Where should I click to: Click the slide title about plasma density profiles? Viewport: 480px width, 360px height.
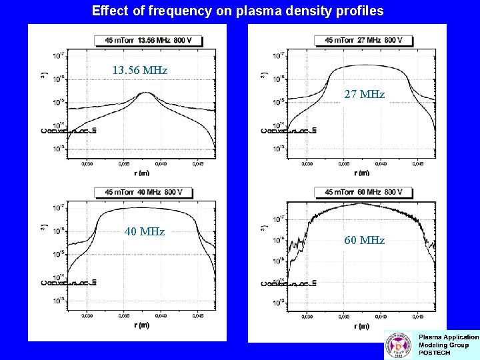[238, 11]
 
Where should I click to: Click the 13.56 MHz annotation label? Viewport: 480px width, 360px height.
[139, 70]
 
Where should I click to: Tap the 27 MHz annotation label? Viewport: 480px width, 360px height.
[364, 95]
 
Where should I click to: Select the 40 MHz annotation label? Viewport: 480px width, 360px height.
[145, 231]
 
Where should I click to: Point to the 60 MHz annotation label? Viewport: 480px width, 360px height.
[364, 240]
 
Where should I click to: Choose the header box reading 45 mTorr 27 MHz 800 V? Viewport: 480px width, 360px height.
[363, 40]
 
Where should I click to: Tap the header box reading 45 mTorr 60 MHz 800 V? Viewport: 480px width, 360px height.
[363, 192]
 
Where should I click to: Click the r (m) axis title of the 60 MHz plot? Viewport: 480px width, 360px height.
[361, 326]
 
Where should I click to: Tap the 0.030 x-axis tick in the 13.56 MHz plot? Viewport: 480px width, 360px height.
[87, 163]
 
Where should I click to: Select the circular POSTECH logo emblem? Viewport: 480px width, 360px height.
[399, 346]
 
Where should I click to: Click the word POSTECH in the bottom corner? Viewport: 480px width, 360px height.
[434, 353]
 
